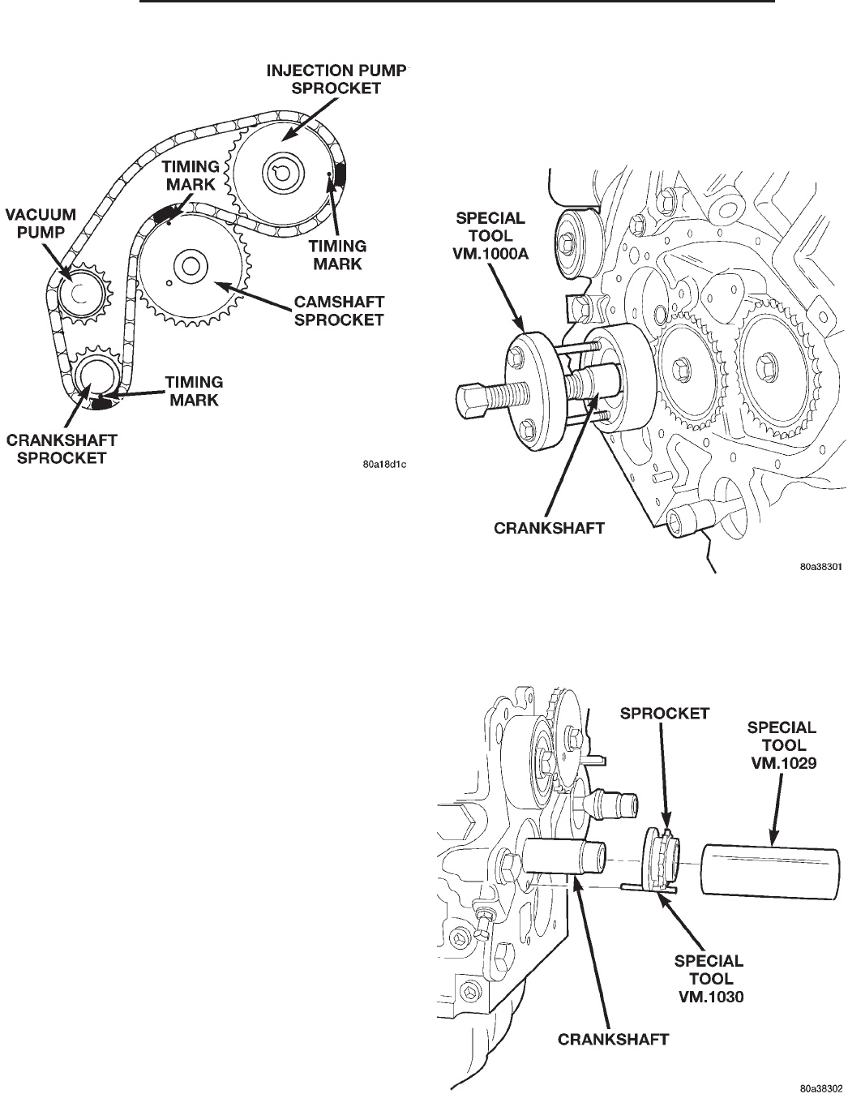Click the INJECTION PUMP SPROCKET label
tap(336, 79)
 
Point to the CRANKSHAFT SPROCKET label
tap(62, 448)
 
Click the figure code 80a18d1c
tap(383, 466)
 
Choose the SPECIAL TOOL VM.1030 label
tap(709, 978)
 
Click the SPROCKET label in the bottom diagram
tap(664, 714)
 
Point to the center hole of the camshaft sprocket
tap(191, 265)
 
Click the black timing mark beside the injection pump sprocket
tap(339, 172)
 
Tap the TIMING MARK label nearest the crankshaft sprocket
tap(194, 390)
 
